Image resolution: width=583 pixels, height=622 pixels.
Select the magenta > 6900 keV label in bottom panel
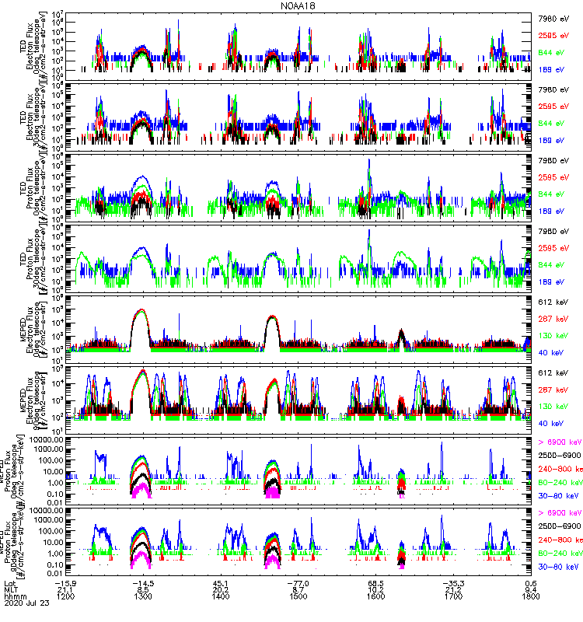click(560, 513)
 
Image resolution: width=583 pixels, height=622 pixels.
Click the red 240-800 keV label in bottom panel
click(560, 540)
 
